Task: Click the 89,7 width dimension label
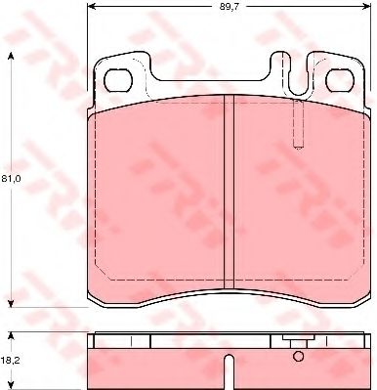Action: pyautogui.click(x=230, y=7)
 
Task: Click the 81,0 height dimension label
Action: pyautogui.click(x=11, y=179)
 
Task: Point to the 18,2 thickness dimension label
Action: pyautogui.click(x=11, y=361)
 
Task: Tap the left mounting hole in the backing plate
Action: pyautogui.click(x=118, y=80)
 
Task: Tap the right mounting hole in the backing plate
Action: pyautogui.click(x=340, y=80)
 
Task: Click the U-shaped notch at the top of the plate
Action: pyautogui.click(x=296, y=74)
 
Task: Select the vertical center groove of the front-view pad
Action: pyautogui.click(x=230, y=192)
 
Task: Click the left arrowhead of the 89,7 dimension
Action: pyautogui.click(x=92, y=6)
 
